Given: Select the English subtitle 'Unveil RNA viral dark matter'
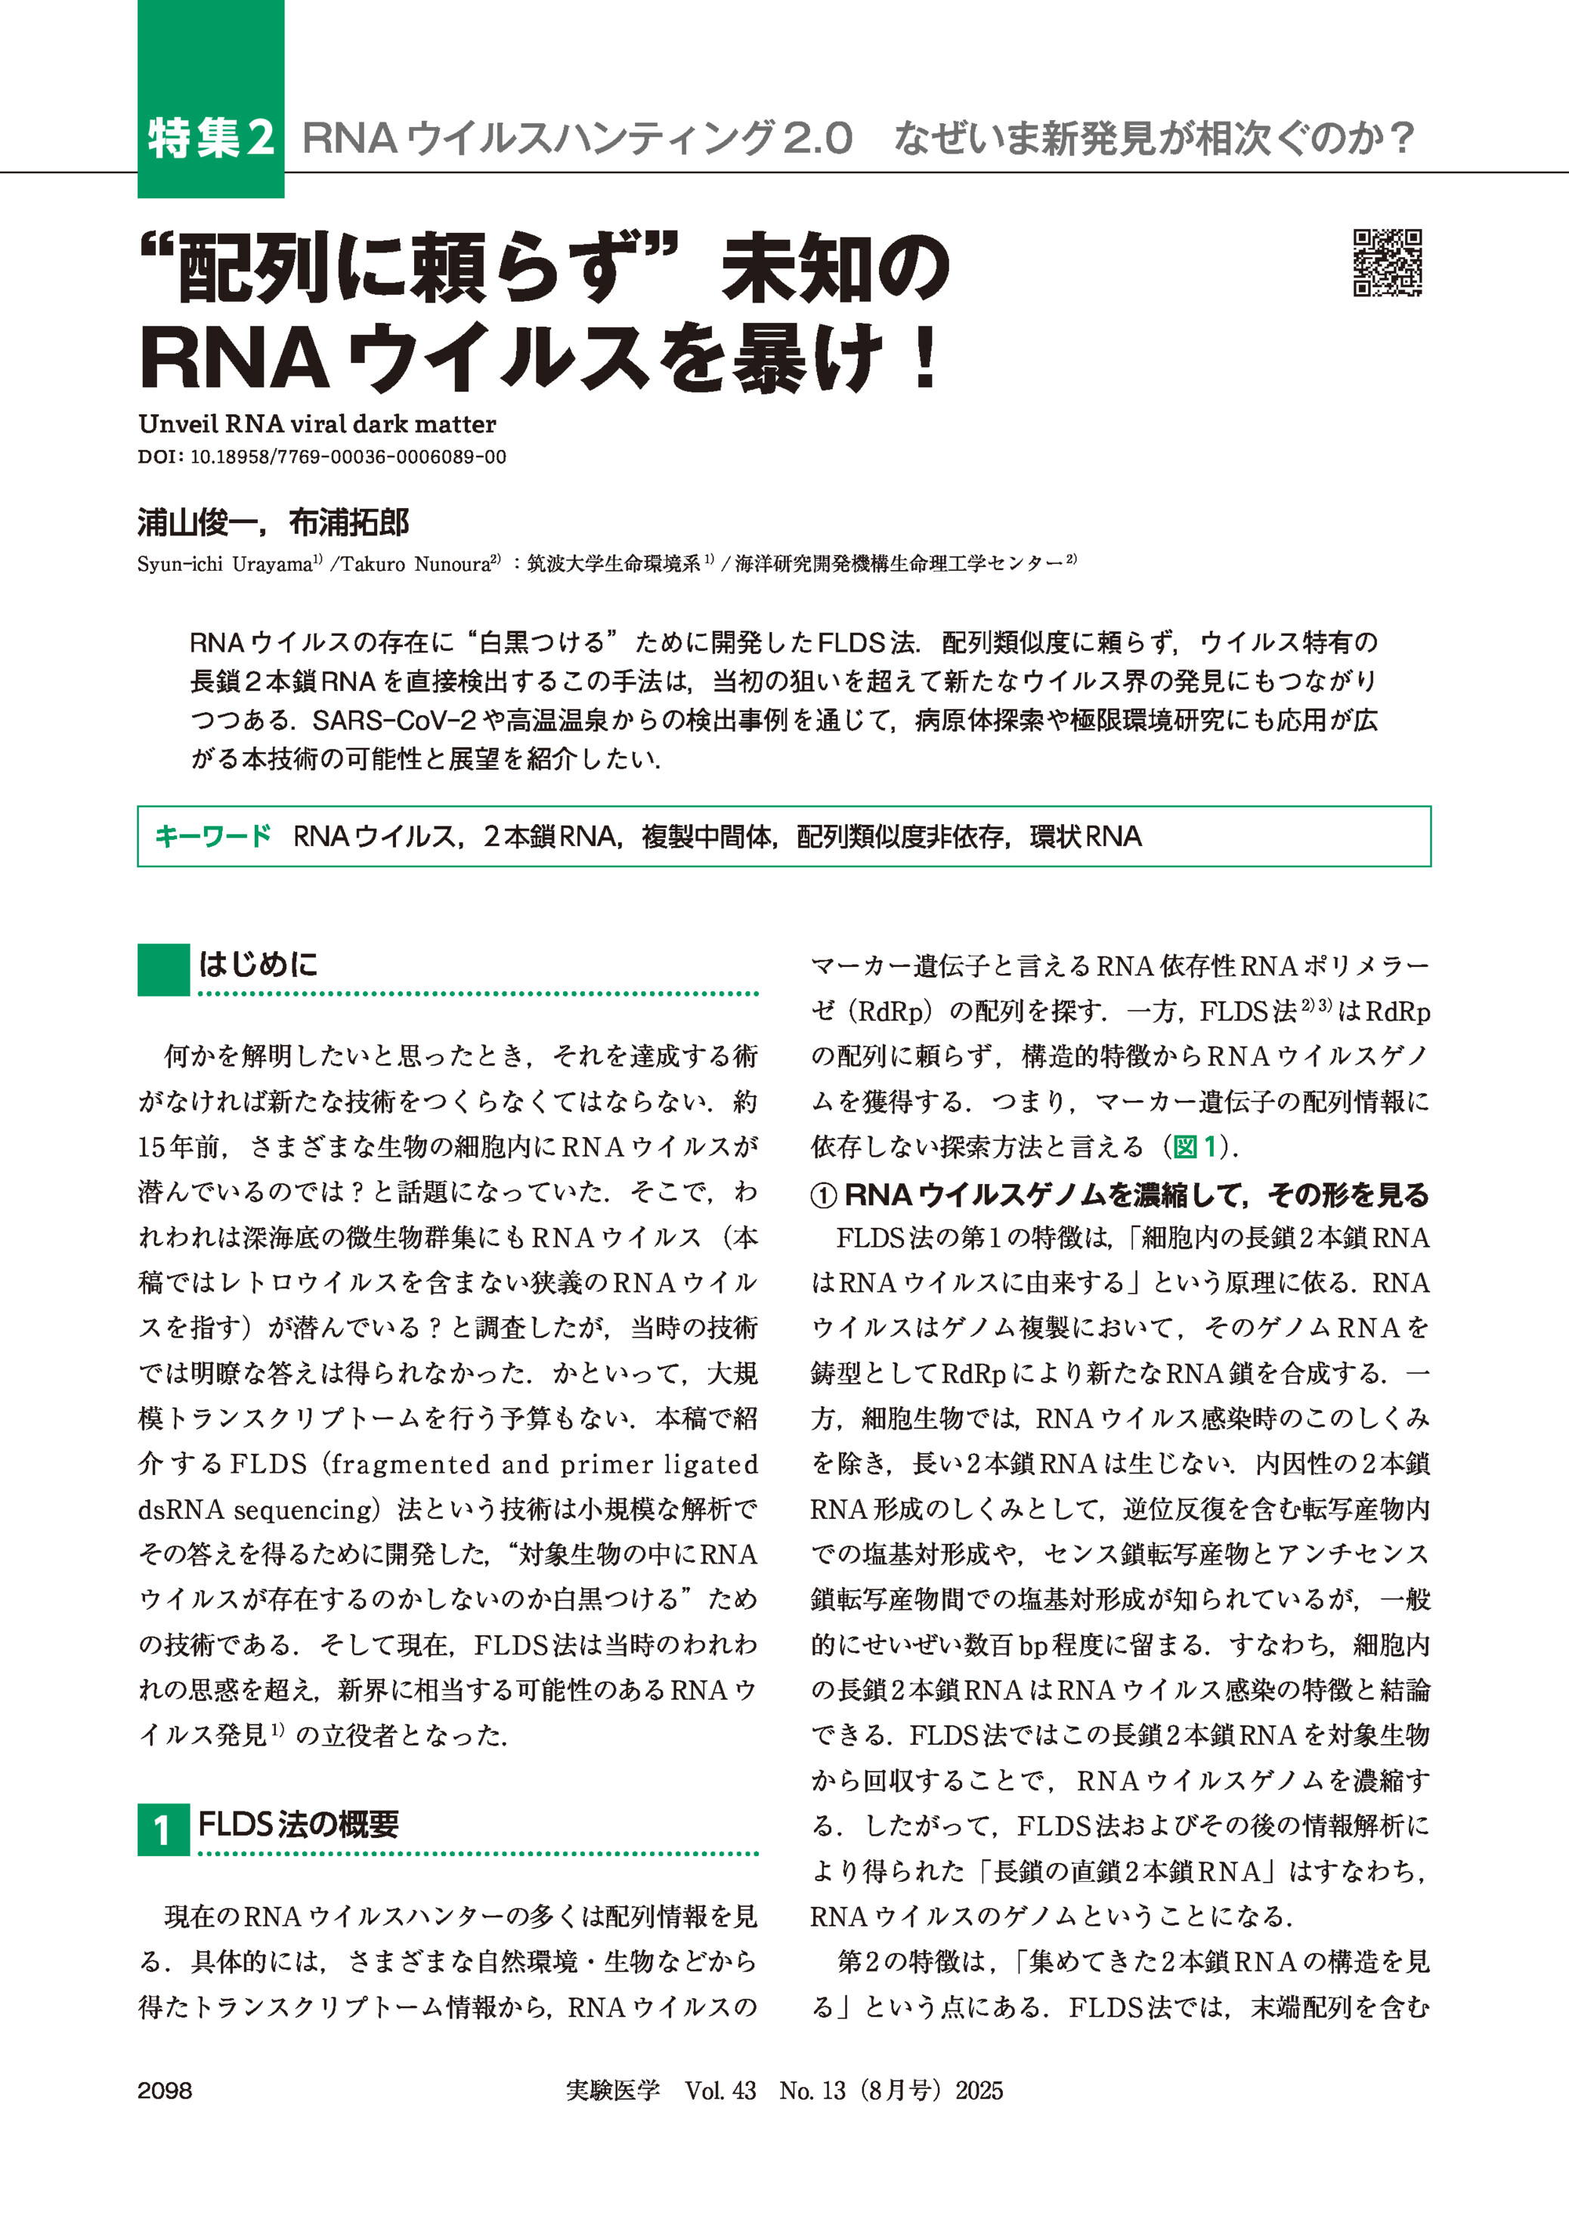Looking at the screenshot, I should click(317, 423).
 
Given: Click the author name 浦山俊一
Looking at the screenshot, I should click(197, 523).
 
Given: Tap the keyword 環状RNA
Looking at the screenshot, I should click(1085, 836).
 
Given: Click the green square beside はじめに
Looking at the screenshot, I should click(163, 969).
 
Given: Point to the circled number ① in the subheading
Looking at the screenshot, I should click(823, 1196).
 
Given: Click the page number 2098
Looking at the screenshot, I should click(166, 2090).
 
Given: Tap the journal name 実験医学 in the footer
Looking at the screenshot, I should click(612, 2090).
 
